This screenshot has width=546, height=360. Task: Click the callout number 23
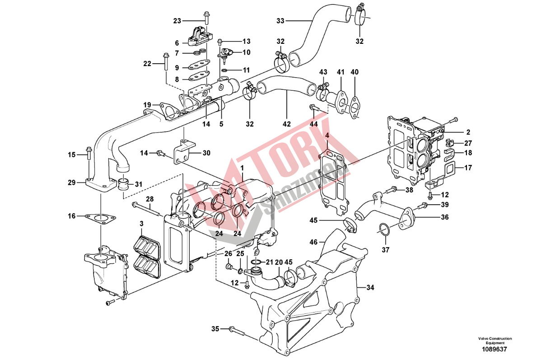[x=177, y=21]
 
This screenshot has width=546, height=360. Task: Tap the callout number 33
[x=280, y=21]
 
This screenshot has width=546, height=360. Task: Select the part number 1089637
[x=495, y=349]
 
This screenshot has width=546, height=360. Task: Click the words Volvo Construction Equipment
[x=495, y=341]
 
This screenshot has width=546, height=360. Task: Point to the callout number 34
[x=370, y=287]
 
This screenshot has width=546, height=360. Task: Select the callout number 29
[x=71, y=182]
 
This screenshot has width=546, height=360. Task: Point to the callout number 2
[x=468, y=132]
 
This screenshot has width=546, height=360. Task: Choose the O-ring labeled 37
[x=383, y=229]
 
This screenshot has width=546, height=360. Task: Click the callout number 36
[x=445, y=217]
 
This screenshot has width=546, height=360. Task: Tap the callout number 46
[x=313, y=243]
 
